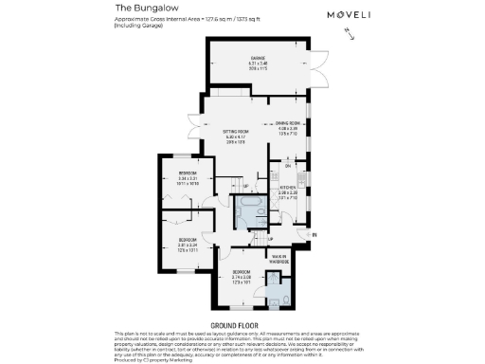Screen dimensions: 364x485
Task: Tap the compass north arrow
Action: pyautogui.click(x=352, y=34)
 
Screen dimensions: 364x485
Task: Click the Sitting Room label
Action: pyautogui.click(x=235, y=134)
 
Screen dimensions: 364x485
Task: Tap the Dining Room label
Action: pyautogui.click(x=287, y=126)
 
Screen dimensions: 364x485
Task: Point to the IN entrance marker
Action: pyautogui.click(x=314, y=233)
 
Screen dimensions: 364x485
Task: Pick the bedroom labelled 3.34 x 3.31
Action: pyautogui.click(x=187, y=177)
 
